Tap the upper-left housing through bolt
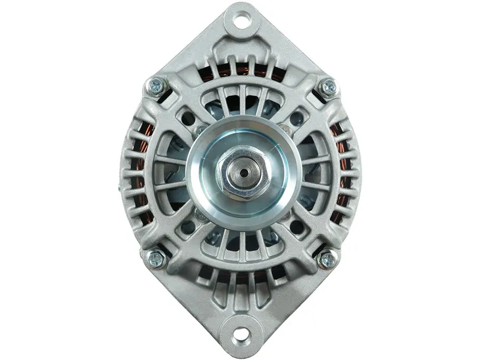(x=156, y=85)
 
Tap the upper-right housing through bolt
(x=327, y=86)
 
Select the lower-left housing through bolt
(x=156, y=259)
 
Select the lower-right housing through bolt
(x=327, y=259)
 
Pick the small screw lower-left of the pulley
(x=199, y=215)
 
